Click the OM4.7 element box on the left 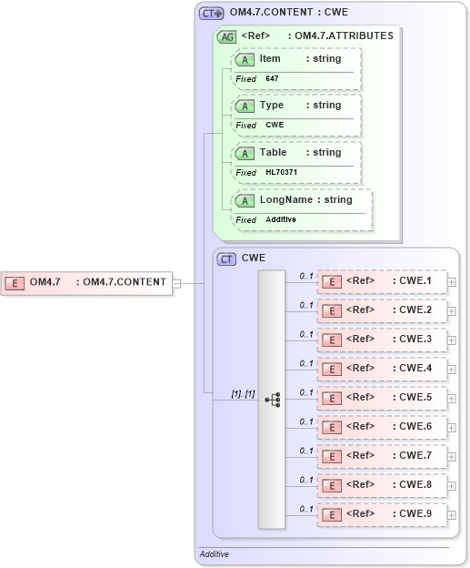(x=86, y=282)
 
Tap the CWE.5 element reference (x=382, y=398)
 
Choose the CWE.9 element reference (x=382, y=514)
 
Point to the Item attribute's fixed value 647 (x=272, y=79)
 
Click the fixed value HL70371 (x=281, y=173)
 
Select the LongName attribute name (x=286, y=199)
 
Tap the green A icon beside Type (x=245, y=106)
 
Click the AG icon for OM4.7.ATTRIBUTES (x=225, y=36)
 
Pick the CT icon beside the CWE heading (x=226, y=259)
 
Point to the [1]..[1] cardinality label (x=243, y=393)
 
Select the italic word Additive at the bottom (x=215, y=553)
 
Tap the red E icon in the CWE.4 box (x=333, y=370)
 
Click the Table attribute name (x=273, y=152)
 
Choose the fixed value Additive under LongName (x=281, y=220)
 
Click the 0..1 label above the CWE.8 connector (x=306, y=479)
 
